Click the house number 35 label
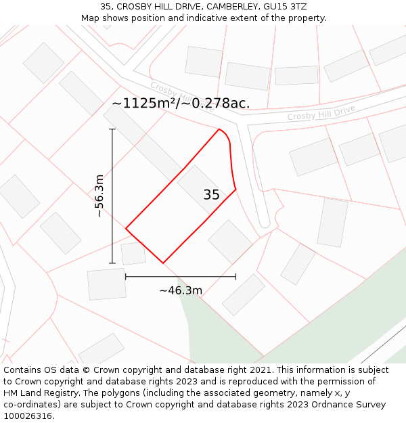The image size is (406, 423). point(211,195)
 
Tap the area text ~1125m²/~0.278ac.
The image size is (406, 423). point(181,104)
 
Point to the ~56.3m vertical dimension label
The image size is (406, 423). point(99,196)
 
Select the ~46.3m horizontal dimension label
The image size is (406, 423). point(181,290)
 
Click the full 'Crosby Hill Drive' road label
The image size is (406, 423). point(321,113)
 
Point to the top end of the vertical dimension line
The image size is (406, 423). point(112,129)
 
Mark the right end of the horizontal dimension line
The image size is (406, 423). point(235,276)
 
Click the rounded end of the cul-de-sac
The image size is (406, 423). point(264,222)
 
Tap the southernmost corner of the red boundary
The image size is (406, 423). point(163,263)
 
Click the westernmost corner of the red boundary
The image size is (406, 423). point(126,229)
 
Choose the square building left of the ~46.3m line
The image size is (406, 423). point(107,284)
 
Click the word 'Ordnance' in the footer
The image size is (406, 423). point(330,405)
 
